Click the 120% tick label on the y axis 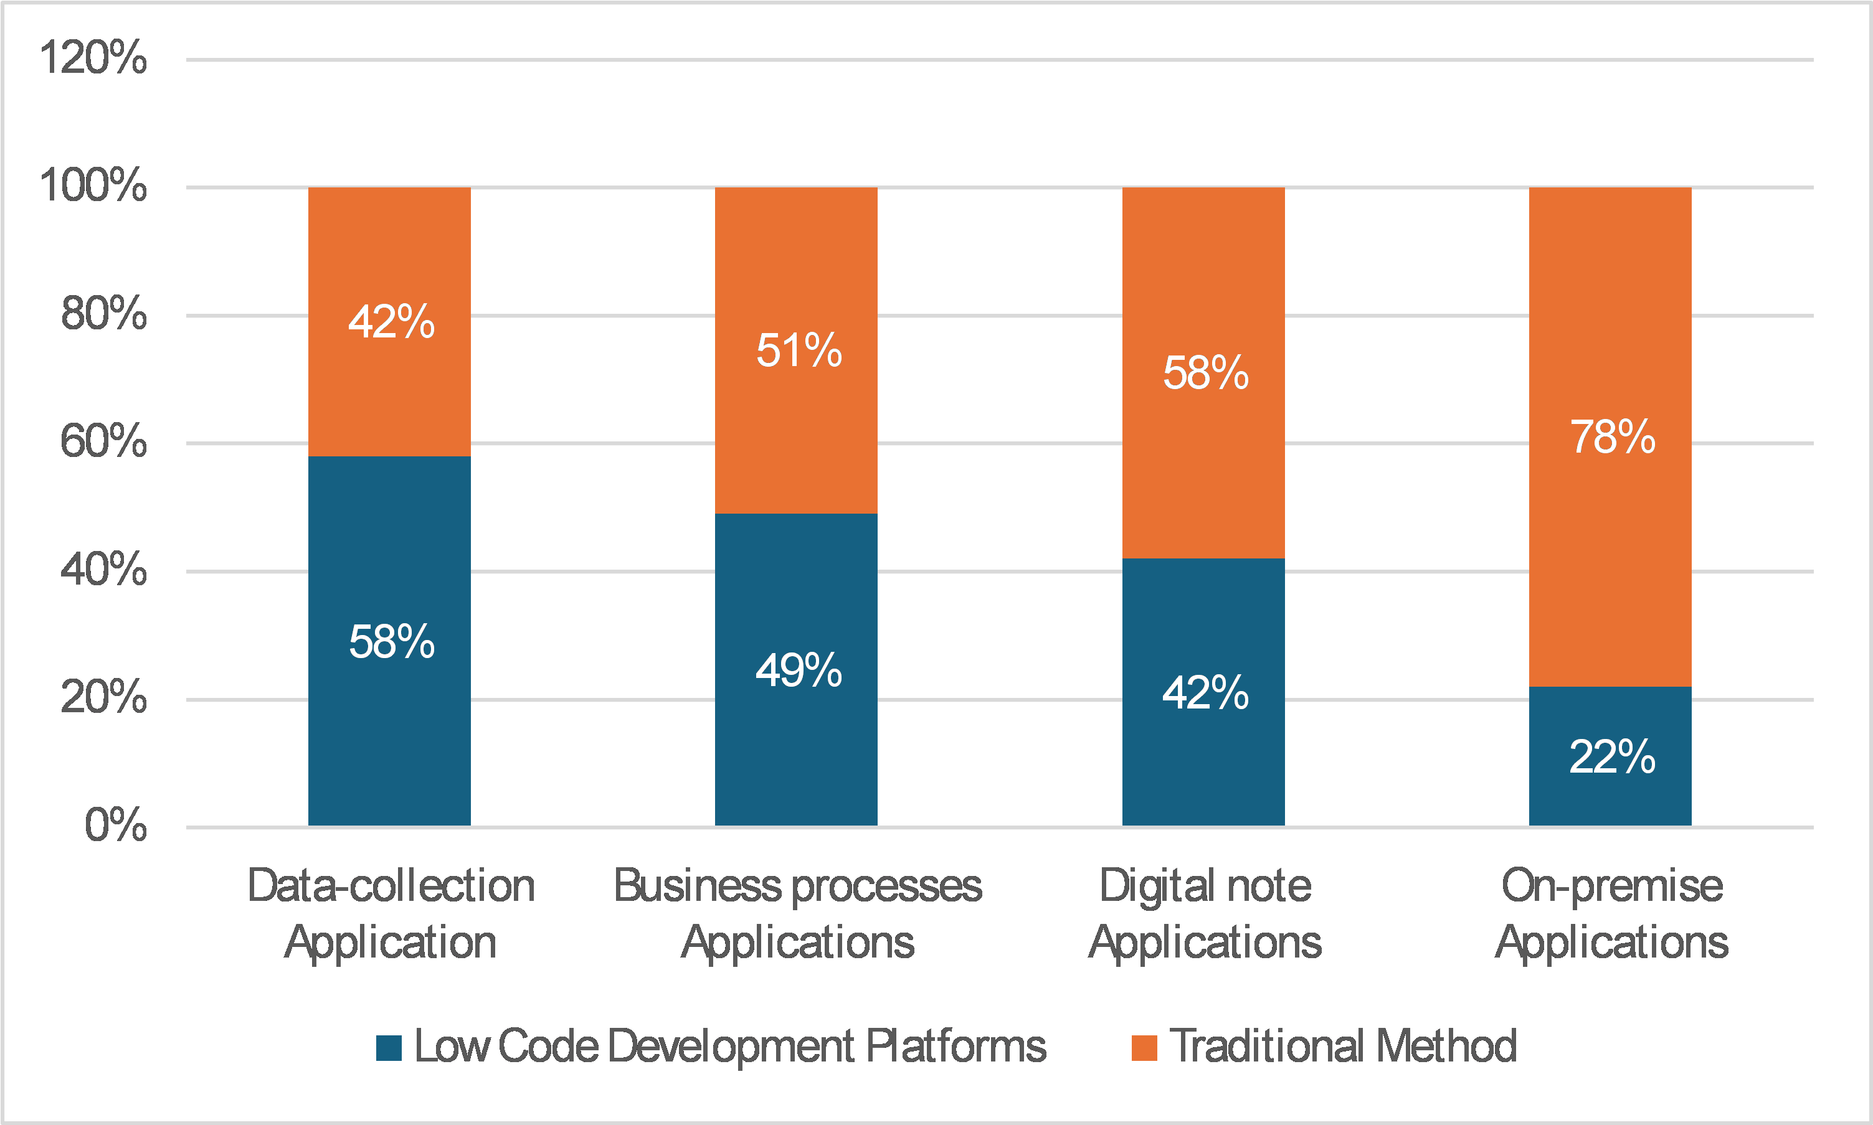93,58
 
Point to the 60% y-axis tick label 103,441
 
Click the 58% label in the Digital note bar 1206,373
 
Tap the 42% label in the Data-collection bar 391,321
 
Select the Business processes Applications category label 798,913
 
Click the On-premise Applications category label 1611,913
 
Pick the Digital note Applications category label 1205,913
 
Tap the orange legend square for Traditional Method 1144,1048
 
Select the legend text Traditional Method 1343,1046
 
